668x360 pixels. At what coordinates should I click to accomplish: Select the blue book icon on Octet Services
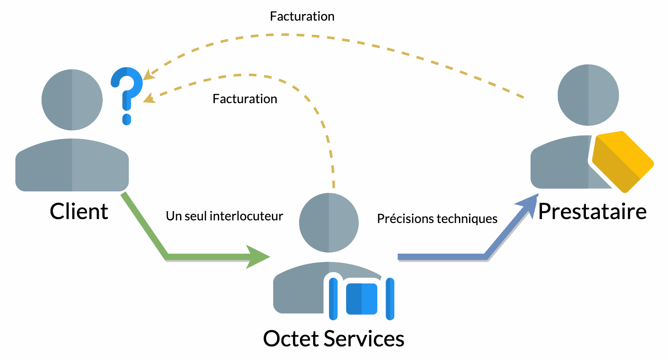click(361, 299)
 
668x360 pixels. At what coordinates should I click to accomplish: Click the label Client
click(79, 212)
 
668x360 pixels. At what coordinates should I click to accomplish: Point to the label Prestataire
click(592, 212)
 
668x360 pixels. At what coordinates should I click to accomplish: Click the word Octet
click(291, 339)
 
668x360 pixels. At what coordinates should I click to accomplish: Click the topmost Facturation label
click(302, 17)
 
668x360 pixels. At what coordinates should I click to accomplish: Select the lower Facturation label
click(245, 99)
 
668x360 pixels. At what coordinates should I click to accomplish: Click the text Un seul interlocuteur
click(224, 216)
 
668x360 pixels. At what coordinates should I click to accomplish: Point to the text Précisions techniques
click(437, 219)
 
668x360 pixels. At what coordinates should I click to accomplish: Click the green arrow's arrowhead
click(258, 257)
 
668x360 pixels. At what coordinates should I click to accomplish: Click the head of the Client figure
click(72, 100)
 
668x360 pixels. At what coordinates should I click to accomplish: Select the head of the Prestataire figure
click(588, 95)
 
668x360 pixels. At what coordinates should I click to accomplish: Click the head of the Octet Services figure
click(329, 223)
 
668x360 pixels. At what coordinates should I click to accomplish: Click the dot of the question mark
click(126, 119)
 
